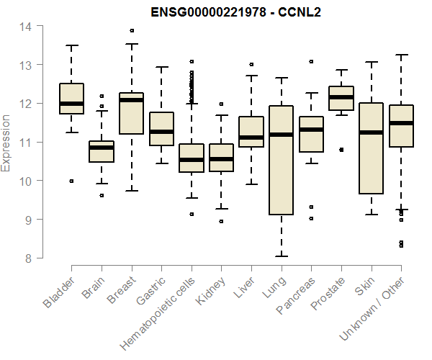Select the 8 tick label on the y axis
point(28,258)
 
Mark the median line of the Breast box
point(131,100)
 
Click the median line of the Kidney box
point(221,159)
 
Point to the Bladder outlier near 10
point(71,181)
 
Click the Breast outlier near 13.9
point(131,30)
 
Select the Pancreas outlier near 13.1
point(311,62)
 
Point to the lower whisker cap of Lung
point(281,256)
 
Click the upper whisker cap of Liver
point(251,76)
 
